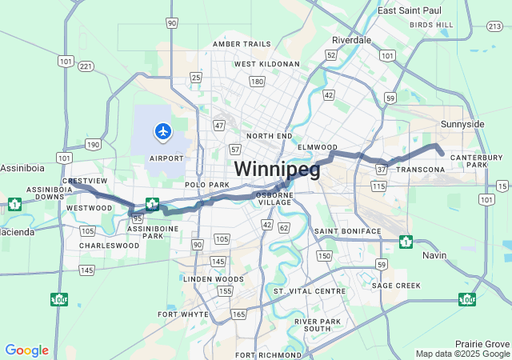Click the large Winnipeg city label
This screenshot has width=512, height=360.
click(277, 170)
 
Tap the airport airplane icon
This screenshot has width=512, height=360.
click(163, 130)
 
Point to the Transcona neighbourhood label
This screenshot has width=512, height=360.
click(419, 170)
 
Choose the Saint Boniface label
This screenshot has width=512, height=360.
click(347, 231)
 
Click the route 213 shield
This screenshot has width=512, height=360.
click(493, 27)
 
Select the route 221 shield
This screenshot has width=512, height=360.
click(86, 66)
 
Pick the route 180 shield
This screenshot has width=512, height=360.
click(257, 82)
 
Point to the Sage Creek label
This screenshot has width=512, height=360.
click(395, 286)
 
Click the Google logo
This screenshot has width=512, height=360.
click(26, 350)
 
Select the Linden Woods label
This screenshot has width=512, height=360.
click(213, 279)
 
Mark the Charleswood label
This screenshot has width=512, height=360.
click(109, 246)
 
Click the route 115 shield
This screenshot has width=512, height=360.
click(378, 186)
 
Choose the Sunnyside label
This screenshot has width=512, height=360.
click(462, 125)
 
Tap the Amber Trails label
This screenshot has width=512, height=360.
click(242, 44)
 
